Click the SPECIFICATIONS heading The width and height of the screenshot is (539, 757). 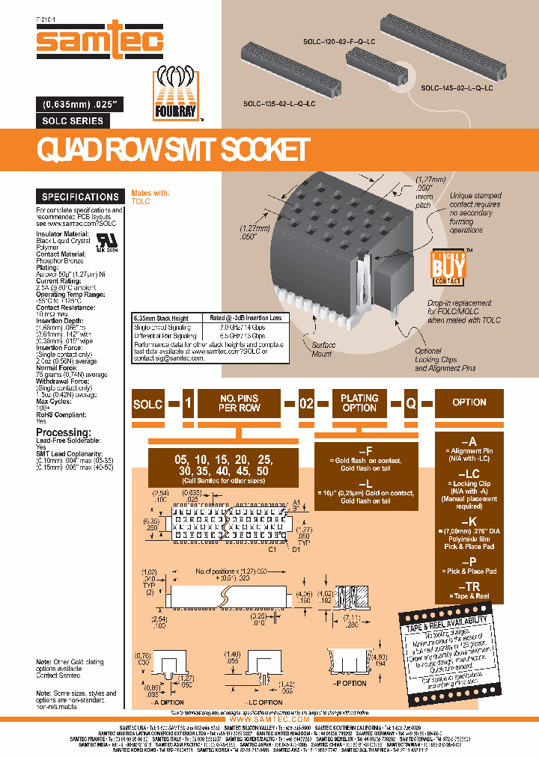coord(80,197)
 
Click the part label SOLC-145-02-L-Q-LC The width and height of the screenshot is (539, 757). coord(457,88)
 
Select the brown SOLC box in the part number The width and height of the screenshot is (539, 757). coord(147,402)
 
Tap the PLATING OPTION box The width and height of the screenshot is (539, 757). coord(359,402)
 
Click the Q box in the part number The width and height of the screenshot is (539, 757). coord(410,402)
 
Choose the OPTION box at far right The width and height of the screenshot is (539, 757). coord(469,402)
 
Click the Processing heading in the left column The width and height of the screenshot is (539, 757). coord(68,432)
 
